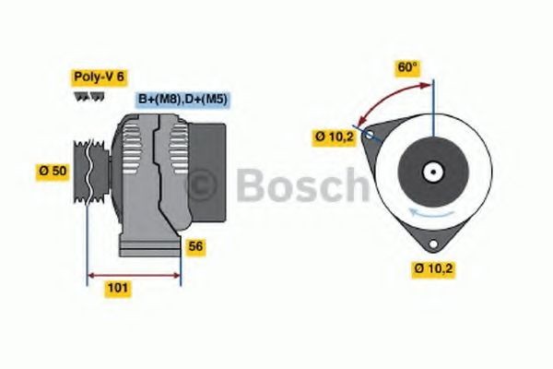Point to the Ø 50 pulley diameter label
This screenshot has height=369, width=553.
(x=52, y=171)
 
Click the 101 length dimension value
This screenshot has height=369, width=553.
(x=118, y=289)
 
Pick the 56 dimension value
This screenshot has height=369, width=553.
(x=194, y=246)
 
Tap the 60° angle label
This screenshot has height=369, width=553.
(x=407, y=67)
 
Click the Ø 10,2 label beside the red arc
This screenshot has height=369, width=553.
(x=334, y=137)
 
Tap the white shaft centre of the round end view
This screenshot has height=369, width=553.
(x=431, y=172)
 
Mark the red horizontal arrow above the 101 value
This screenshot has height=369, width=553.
(x=134, y=274)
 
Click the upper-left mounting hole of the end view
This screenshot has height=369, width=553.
(x=370, y=135)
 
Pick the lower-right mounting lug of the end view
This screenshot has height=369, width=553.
(x=433, y=243)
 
